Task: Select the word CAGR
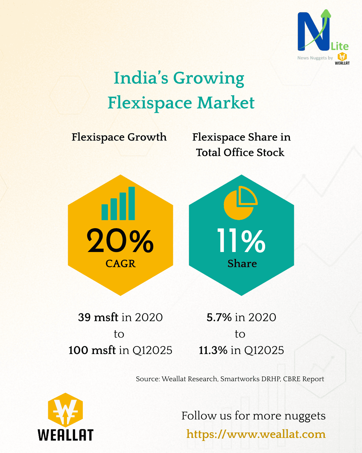pyautogui.click(x=120, y=264)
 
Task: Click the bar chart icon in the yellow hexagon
pyautogui.click(x=118, y=204)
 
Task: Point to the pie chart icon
pyautogui.click(x=240, y=203)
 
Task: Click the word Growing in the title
pyautogui.click(x=208, y=78)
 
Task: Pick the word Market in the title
pyautogui.click(x=226, y=103)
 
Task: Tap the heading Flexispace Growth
pyautogui.click(x=119, y=137)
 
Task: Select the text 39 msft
pyautogui.click(x=98, y=317)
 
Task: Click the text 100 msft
pyautogui.click(x=92, y=350)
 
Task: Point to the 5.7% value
pyautogui.click(x=219, y=317)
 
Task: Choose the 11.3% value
pyautogui.click(x=213, y=350)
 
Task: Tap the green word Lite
pyautogui.click(x=340, y=46)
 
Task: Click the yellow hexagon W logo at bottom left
pyautogui.click(x=65, y=410)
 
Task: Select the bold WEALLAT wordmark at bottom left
pyautogui.click(x=65, y=435)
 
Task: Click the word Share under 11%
pyautogui.click(x=242, y=264)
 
